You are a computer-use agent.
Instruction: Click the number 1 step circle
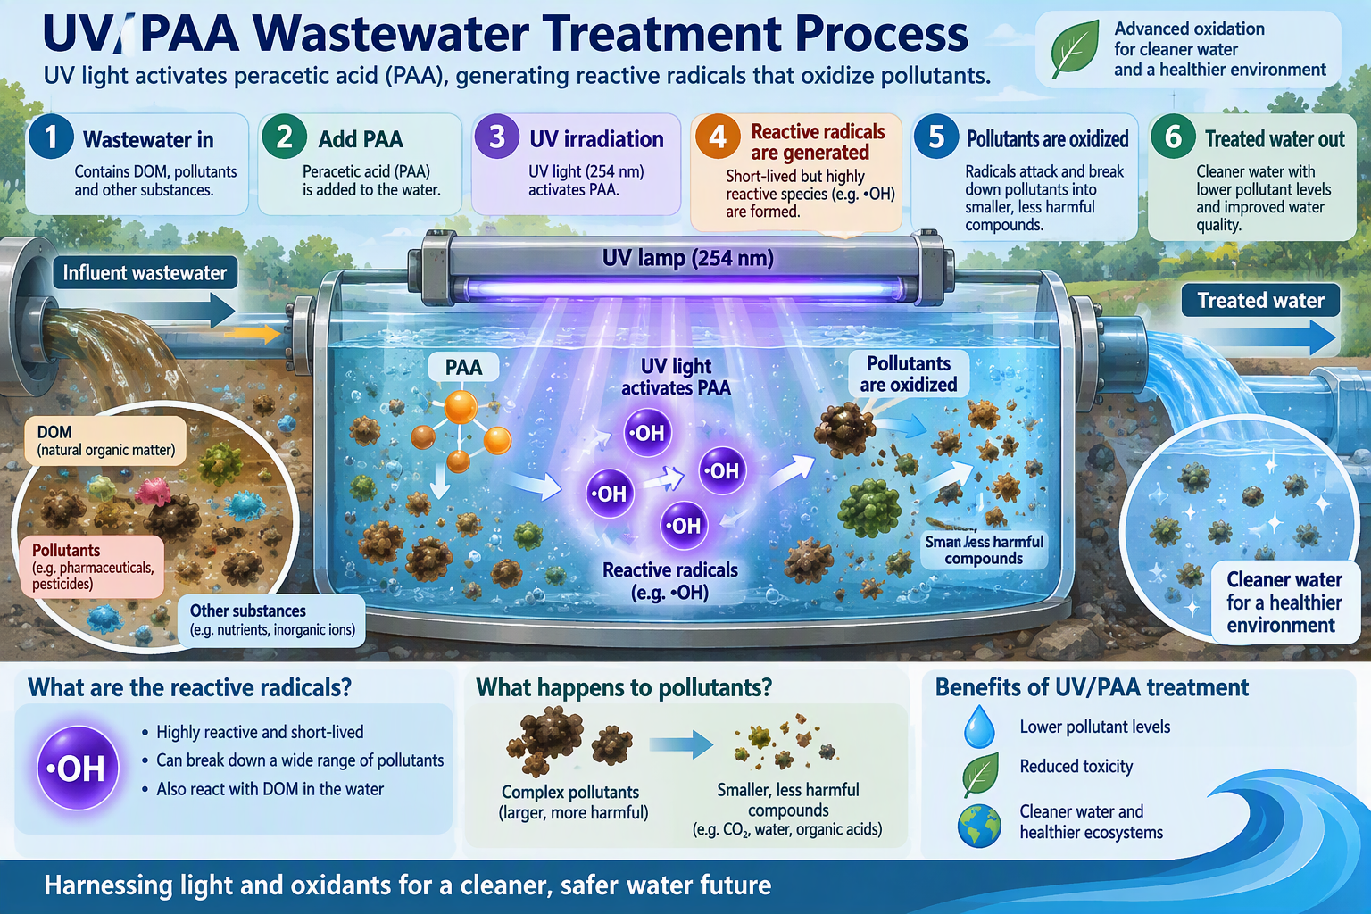51,137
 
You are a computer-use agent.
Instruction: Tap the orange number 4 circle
718,137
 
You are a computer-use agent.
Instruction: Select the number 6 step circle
1173,137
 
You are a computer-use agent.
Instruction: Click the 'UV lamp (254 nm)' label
687,258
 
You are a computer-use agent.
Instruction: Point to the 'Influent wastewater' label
145,272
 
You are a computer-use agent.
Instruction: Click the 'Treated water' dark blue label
1261,300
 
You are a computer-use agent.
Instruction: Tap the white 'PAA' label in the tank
463,367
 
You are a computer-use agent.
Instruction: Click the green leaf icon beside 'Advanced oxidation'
1075,49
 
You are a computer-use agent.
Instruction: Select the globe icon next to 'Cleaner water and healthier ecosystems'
979,826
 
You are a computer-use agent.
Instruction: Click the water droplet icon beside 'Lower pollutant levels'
979,727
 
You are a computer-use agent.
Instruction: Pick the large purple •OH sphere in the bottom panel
78,768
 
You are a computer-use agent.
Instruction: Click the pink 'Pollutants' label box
92,566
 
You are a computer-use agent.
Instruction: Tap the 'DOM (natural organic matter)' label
105,441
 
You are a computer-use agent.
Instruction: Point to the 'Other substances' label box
271,619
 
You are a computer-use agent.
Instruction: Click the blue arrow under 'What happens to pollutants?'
681,744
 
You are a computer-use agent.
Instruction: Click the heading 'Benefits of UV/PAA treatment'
1092,687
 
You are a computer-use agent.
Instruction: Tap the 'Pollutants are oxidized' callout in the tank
909,374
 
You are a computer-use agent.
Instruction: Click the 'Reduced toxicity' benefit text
1076,766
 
